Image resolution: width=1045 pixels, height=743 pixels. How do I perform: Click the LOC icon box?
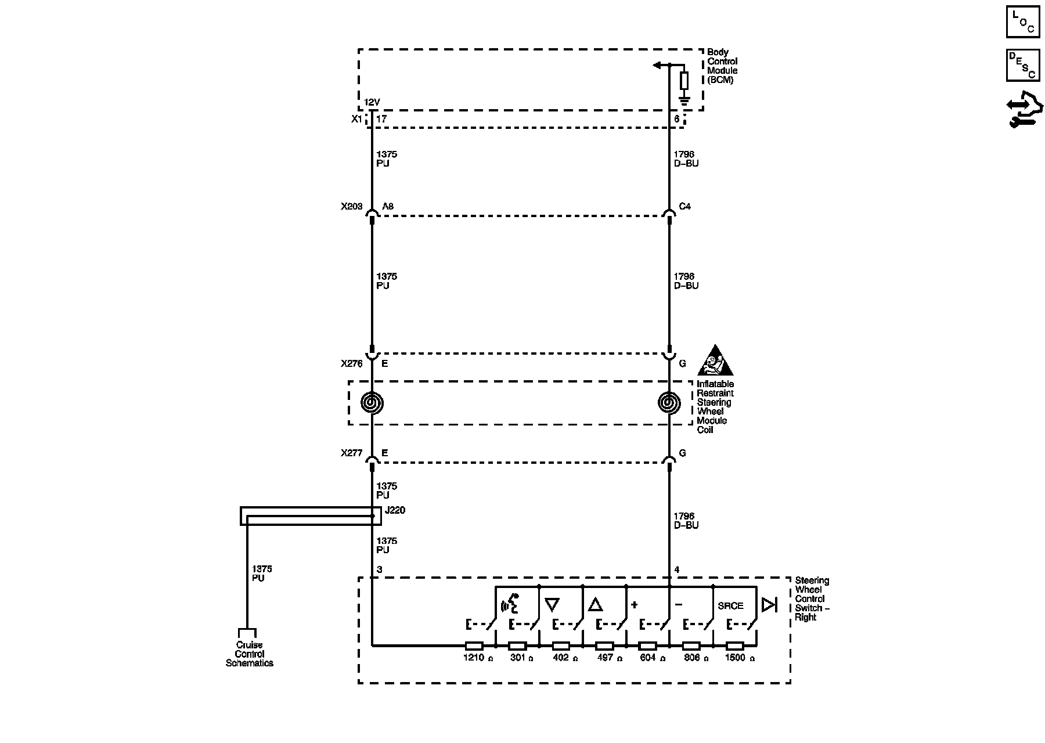tap(1023, 22)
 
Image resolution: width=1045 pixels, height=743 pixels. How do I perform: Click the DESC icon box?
tap(1023, 65)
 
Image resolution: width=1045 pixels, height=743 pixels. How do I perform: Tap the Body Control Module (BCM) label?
tap(722, 66)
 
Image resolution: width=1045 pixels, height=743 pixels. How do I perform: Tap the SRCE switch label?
tap(730, 606)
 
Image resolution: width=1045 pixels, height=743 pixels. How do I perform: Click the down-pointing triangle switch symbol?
tap(552, 605)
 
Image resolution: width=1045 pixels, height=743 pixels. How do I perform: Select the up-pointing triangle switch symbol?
tap(595, 605)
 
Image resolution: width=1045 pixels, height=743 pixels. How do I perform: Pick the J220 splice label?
tap(395, 511)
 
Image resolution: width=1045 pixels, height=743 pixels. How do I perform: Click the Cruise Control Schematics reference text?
tap(249, 654)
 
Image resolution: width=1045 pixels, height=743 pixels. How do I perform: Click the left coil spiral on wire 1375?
tap(372, 402)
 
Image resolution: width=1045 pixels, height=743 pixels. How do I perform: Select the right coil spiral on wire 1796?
tap(669, 402)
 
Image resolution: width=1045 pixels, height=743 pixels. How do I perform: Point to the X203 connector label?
tap(352, 207)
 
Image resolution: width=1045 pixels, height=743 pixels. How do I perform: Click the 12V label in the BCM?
tap(372, 103)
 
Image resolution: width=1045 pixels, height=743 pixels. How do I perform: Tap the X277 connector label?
tap(352, 453)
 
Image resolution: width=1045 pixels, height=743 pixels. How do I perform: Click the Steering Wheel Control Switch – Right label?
tap(812, 599)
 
